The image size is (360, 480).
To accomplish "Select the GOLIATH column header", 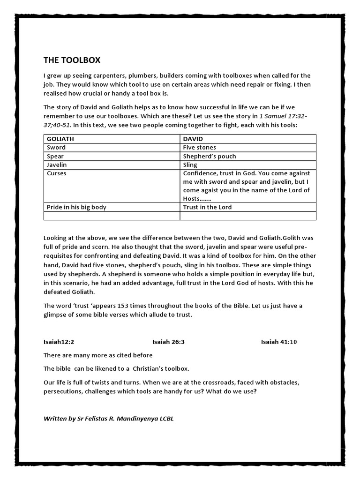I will coord(61,139).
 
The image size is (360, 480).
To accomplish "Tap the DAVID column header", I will coord(193,139).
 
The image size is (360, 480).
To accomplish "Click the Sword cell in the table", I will coord(56,147).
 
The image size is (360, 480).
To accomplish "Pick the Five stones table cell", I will coord(200,147).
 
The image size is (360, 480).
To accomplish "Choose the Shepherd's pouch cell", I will coord(209,156).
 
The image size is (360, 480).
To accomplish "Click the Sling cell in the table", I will coord(190,165).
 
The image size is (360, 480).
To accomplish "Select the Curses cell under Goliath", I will coord(57,173).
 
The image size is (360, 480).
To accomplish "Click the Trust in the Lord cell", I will coord(207,207).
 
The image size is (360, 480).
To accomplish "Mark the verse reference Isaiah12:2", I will coord(60,342).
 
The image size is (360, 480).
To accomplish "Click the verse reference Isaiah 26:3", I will coord(168,342).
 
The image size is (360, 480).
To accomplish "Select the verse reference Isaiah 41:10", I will coord(279,342).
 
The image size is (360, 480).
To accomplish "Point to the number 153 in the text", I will coord(124,306).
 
